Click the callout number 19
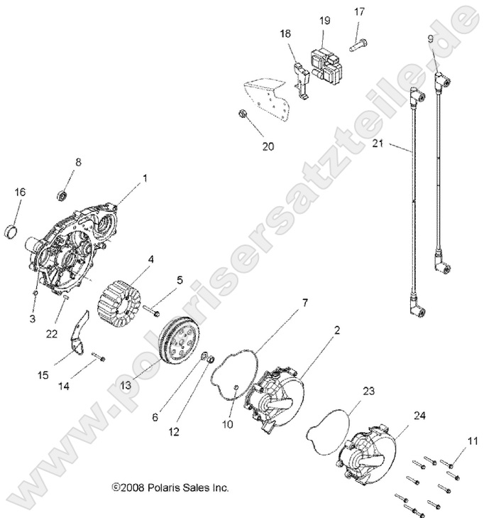(x=324, y=21)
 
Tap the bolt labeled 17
(x=356, y=42)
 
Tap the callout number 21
(x=378, y=144)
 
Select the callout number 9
(x=430, y=38)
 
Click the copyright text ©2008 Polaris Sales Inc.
(x=170, y=488)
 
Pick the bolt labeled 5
(x=153, y=311)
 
